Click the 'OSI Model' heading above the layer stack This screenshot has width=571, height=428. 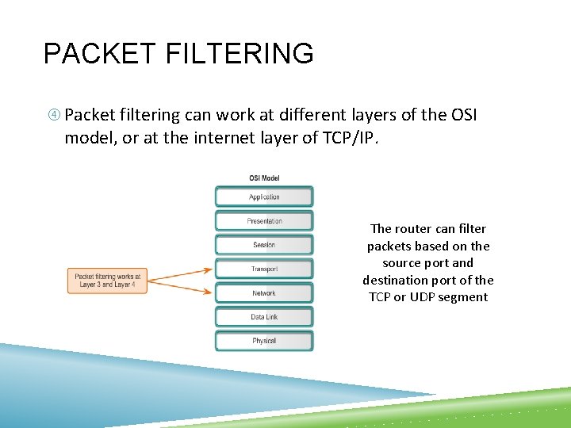263,178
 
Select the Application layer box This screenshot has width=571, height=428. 264,197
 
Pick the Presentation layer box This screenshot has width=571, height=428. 264,221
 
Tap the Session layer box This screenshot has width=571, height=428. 264,245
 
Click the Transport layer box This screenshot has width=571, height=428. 264,269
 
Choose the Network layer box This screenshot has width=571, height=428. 264,293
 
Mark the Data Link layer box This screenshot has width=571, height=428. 264,317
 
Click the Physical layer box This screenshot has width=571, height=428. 264,341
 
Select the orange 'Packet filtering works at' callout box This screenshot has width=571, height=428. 107,281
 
